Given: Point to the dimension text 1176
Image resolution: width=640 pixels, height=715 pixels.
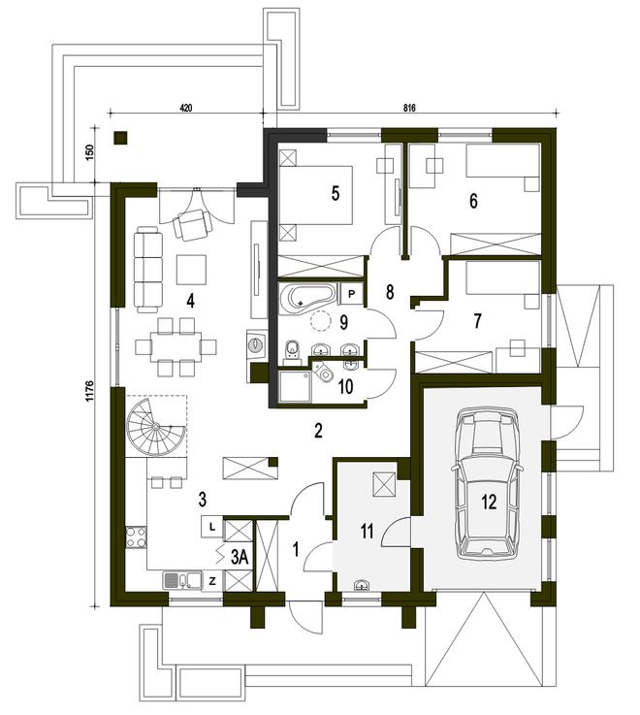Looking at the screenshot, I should pyautogui.click(x=90, y=391).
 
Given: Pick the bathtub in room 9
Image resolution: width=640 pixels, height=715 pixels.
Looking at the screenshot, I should pyautogui.click(x=307, y=298).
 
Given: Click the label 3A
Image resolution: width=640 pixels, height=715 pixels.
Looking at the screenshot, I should pyautogui.click(x=240, y=556).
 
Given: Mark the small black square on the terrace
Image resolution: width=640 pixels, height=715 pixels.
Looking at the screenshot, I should pyautogui.click(x=119, y=138).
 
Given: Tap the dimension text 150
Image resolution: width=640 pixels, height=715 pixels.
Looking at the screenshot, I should pyautogui.click(x=90, y=153).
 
